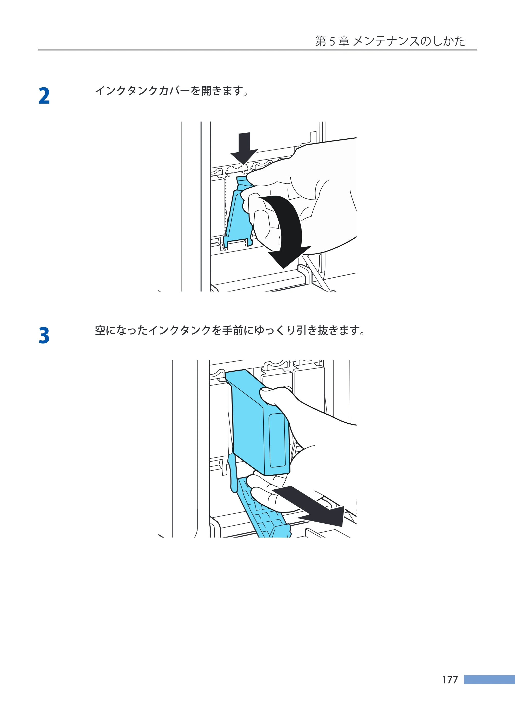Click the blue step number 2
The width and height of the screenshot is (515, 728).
click(44, 96)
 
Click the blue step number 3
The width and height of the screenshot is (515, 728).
click(44, 336)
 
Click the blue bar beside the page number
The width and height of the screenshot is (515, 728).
click(489, 680)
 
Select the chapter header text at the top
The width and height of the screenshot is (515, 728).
click(390, 41)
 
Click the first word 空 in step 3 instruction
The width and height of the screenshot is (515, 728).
click(100, 330)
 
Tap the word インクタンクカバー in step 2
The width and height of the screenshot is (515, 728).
click(142, 91)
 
